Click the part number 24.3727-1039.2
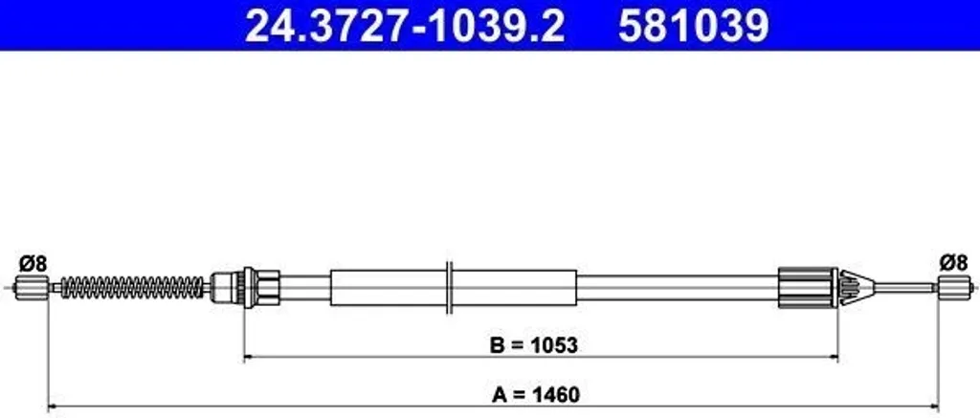(405, 26)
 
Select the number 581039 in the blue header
(694, 26)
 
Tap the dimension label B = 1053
(534, 345)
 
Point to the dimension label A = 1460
(536, 395)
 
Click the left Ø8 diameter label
(33, 264)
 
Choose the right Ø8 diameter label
(954, 262)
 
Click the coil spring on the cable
(132, 287)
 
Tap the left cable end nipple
(32, 288)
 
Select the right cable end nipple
(954, 287)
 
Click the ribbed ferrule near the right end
(808, 287)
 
